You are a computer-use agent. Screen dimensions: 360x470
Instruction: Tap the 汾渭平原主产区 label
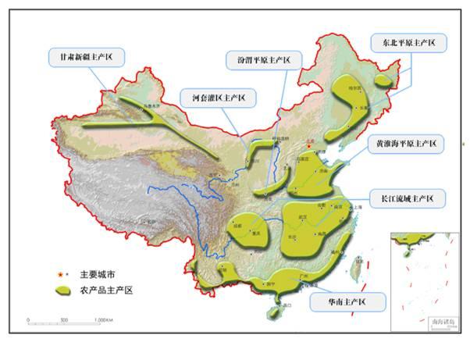coord(258,59)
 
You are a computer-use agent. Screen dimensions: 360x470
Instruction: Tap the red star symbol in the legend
coord(59,275)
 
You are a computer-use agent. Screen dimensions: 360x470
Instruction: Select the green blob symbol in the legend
coord(62,290)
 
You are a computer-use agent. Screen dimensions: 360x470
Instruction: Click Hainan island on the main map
coord(272,312)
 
